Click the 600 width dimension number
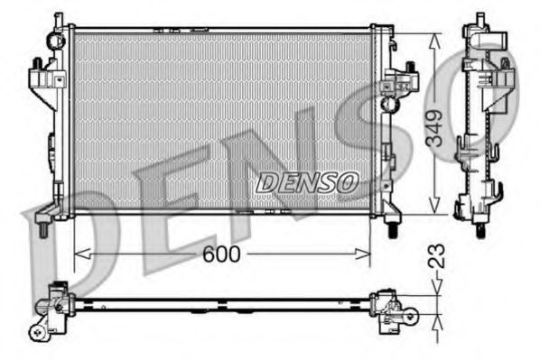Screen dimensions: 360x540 tap(221, 255)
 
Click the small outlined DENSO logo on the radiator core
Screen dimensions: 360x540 tap(307, 182)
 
